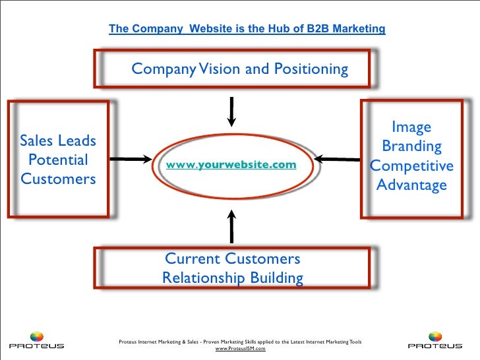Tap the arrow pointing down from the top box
[x=231, y=110]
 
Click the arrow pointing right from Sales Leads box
[x=131, y=158]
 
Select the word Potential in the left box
[x=58, y=160]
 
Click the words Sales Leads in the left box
[x=58, y=141]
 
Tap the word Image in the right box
[x=411, y=127]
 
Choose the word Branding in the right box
[x=411, y=146]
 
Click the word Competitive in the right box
[x=411, y=165]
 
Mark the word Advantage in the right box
[x=411, y=185]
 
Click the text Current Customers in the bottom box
[x=232, y=258]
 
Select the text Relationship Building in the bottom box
[x=233, y=278]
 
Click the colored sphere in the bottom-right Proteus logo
[x=435, y=336]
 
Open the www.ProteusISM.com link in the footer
[x=240, y=349]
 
